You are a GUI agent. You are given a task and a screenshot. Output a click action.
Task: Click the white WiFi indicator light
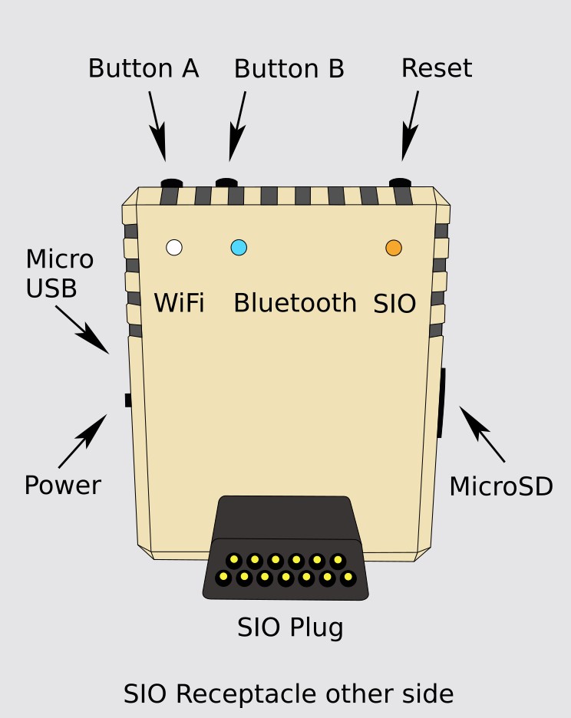pos(174,247)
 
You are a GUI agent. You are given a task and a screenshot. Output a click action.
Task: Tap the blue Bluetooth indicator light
pos(239,247)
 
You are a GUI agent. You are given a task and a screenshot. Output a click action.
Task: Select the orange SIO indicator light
pos(394,247)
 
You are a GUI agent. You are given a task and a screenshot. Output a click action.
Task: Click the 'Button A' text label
pos(144,68)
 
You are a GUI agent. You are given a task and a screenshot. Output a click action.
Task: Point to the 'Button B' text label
pos(289,68)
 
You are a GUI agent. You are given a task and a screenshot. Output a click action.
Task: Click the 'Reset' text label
pos(436,68)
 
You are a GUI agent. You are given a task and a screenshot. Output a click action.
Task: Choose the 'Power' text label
pos(62,486)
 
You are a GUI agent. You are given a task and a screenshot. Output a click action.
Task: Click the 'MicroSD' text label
pos(500,486)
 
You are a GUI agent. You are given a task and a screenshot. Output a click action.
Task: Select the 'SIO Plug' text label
pos(290,628)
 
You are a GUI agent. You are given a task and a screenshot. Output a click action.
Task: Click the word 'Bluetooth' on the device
pos(295,303)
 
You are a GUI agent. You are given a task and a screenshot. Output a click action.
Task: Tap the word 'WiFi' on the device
pos(179,303)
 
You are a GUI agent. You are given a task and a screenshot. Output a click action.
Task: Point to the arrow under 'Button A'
pos(157,126)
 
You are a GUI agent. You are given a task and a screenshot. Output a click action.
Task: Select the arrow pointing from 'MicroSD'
pos(482,433)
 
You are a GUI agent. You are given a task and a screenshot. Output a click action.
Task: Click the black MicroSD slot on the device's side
pos(441,403)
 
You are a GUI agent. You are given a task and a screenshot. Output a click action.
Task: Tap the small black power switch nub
pos(127,400)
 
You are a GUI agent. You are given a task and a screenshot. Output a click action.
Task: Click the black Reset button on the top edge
pos(401,183)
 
